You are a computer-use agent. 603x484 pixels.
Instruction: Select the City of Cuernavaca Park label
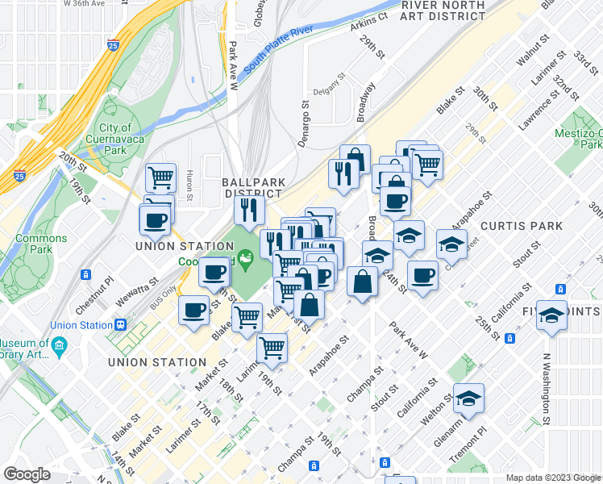(x=116, y=139)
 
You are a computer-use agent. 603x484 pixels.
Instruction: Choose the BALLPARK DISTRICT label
(x=252, y=188)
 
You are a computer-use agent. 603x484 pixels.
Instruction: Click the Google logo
(x=27, y=474)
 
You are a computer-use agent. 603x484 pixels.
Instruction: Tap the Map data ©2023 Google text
(x=553, y=478)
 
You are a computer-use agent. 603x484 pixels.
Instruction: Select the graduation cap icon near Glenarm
(x=468, y=398)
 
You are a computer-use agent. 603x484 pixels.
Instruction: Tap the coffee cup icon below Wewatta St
(x=193, y=311)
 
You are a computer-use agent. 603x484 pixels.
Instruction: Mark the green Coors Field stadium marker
(x=247, y=257)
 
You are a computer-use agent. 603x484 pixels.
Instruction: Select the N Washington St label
(x=545, y=390)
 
